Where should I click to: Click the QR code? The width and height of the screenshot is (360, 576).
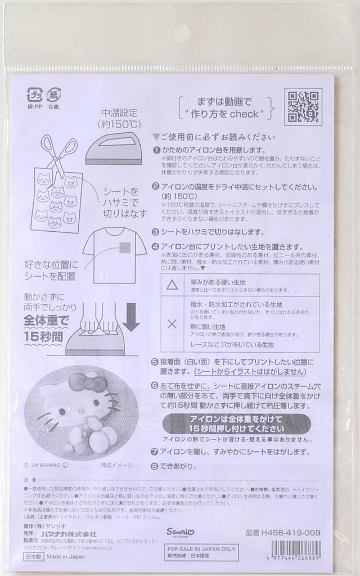pos(305,107)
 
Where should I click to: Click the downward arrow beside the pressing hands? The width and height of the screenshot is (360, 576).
pos(131,317)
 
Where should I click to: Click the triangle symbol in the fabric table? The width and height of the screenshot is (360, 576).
pos(172,285)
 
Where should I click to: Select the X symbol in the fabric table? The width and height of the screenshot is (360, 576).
pos(172,324)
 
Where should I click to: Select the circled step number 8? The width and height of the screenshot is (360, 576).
pos(155,466)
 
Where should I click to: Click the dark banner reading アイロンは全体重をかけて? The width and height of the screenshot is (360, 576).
pos(236,424)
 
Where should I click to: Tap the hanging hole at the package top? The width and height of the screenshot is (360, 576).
pos(181,31)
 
